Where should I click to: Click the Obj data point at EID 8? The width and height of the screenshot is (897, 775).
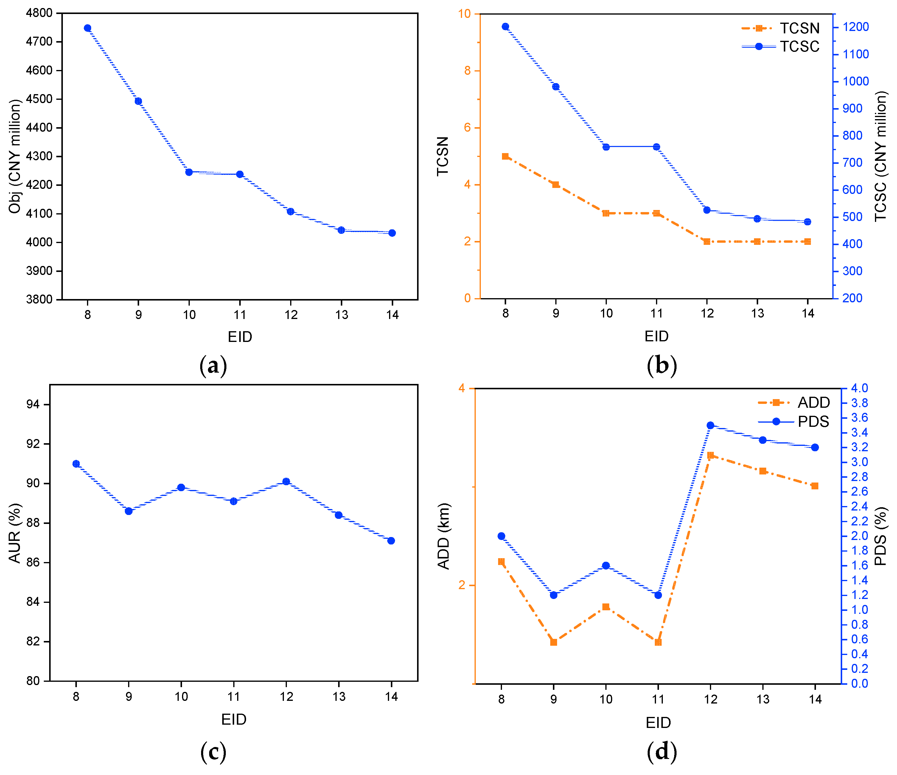[x=88, y=28]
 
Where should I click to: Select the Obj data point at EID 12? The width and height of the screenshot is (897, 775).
[x=290, y=211]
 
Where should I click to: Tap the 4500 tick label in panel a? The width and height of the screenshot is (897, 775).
[x=39, y=99]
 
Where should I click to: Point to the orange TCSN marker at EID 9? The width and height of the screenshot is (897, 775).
[x=556, y=185]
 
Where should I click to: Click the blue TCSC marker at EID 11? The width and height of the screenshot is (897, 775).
[x=657, y=147]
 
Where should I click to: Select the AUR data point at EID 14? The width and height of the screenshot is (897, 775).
[x=391, y=541]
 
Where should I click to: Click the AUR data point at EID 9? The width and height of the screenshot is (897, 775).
[x=129, y=511]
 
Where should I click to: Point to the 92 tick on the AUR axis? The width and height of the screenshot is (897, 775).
[x=33, y=444]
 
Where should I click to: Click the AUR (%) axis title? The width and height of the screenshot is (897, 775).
[x=15, y=533]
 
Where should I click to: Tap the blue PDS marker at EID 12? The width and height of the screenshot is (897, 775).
[x=711, y=425]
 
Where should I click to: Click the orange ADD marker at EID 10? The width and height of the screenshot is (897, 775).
[x=606, y=607]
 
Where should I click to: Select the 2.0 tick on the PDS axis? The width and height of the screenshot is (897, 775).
[x=860, y=536]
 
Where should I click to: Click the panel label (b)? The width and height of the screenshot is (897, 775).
[x=661, y=366]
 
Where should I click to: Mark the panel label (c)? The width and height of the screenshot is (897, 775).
[x=213, y=752]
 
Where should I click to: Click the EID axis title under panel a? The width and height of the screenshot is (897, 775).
[x=240, y=337]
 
